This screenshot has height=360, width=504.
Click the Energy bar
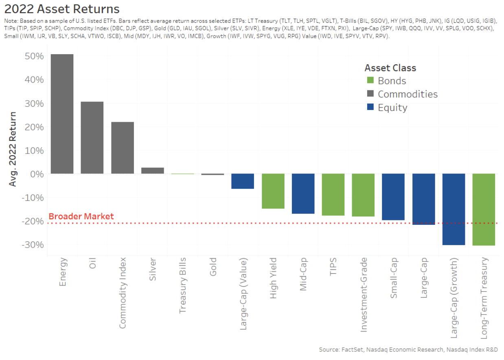[x=62, y=114]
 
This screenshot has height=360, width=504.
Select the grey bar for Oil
[x=92, y=138]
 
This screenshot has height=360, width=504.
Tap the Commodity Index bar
[x=122, y=148]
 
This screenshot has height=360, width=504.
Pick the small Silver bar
[x=152, y=171]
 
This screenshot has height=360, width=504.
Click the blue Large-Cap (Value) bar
[x=243, y=181]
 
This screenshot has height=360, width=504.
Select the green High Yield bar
[x=273, y=191]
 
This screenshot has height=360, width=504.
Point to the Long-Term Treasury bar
[x=484, y=209]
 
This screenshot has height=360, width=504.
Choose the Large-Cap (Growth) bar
[x=454, y=209]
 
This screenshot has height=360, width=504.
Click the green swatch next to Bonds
[x=370, y=81]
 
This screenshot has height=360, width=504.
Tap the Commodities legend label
[x=408, y=94]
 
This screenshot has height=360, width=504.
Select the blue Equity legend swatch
[x=370, y=108]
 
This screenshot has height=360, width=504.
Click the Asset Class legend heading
[x=390, y=68]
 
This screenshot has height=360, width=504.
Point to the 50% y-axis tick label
[x=34, y=56]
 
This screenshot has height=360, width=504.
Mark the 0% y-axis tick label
[x=37, y=174]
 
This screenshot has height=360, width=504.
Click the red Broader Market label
[x=81, y=216]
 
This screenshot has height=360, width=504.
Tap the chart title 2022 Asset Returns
[x=61, y=9]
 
